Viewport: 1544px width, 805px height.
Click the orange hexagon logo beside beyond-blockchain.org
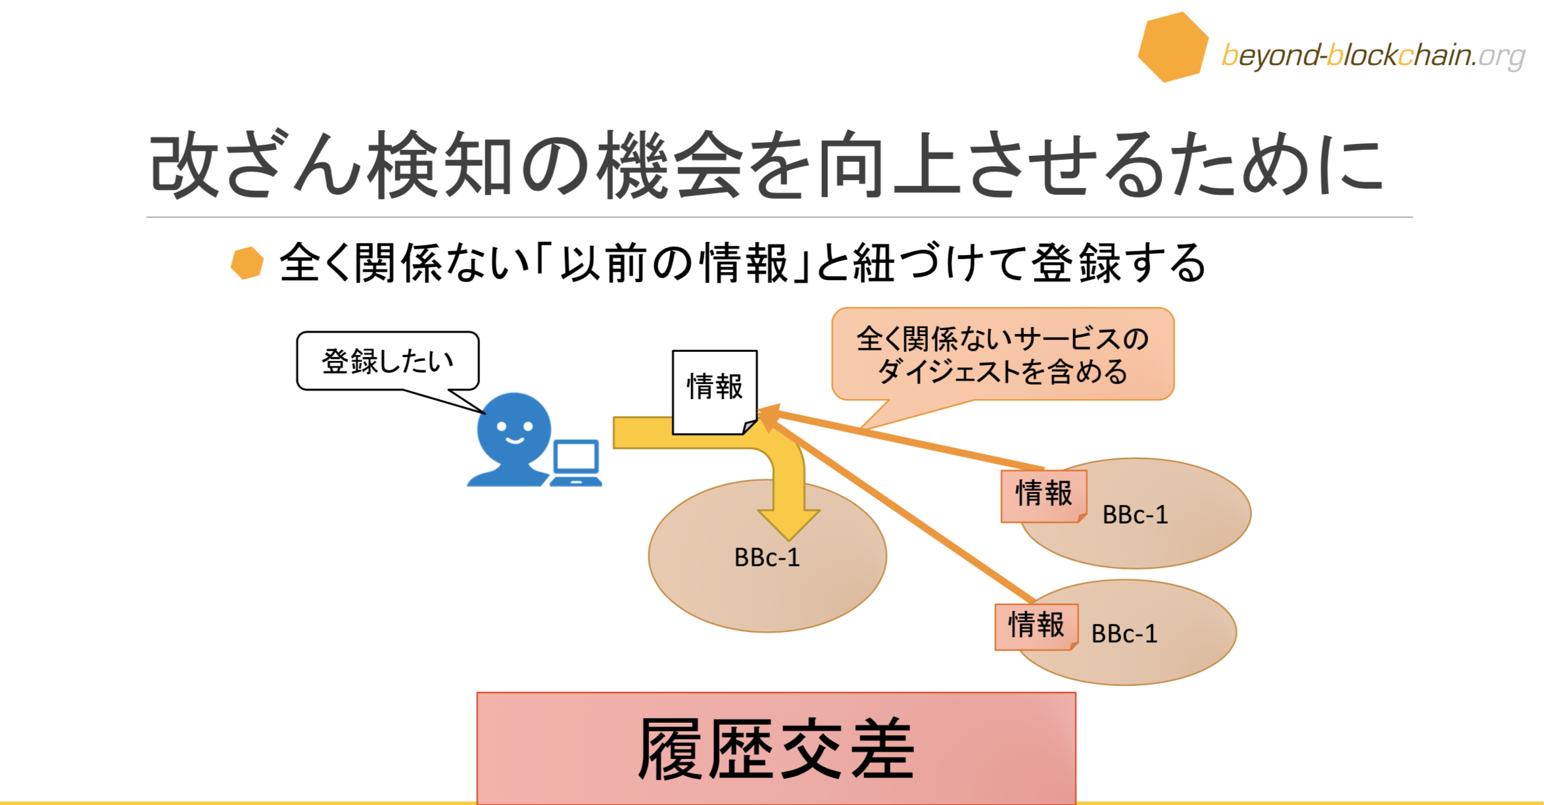[x=1173, y=47]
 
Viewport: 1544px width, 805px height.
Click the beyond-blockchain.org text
[x=1373, y=56]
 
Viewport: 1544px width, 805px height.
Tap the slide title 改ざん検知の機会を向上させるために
[x=767, y=164]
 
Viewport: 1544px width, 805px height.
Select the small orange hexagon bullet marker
[x=247, y=263]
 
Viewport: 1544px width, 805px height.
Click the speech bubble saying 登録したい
[x=388, y=361]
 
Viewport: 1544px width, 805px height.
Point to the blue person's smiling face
[x=514, y=431]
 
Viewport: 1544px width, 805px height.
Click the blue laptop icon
[x=576, y=463]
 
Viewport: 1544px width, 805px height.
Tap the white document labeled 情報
[x=714, y=391]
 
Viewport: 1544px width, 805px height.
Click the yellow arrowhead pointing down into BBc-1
[x=788, y=523]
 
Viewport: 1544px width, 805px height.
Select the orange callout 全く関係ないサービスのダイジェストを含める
[x=1003, y=354]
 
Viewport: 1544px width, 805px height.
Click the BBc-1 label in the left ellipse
[x=767, y=558]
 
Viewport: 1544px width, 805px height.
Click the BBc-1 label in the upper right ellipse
[x=1135, y=515]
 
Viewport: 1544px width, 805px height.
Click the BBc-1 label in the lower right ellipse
[x=1124, y=634]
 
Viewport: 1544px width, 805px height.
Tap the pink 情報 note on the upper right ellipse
[x=1044, y=495]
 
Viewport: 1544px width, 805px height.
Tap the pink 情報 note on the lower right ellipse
[x=1036, y=626]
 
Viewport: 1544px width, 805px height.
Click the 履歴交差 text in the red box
[x=776, y=749]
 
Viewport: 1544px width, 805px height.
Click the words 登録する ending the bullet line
[x=1118, y=263]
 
